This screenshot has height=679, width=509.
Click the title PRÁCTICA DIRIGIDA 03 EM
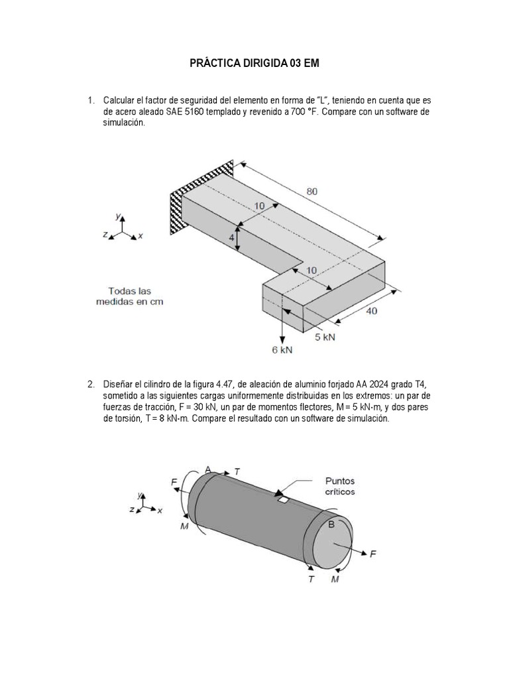tap(254, 64)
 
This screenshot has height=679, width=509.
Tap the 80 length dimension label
tap(312, 192)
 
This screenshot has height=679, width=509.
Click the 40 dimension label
tap(372, 310)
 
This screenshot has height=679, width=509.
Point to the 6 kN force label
tap(282, 349)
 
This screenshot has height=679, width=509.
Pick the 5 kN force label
tap(325, 337)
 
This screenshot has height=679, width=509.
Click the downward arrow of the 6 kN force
tap(283, 325)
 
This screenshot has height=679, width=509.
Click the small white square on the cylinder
tap(283, 499)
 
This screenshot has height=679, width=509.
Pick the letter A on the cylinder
tap(208, 469)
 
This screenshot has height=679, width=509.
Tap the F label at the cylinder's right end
tap(373, 554)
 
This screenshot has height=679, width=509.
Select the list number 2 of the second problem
tap(91, 384)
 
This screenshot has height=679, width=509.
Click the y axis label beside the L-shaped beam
tap(117, 216)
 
